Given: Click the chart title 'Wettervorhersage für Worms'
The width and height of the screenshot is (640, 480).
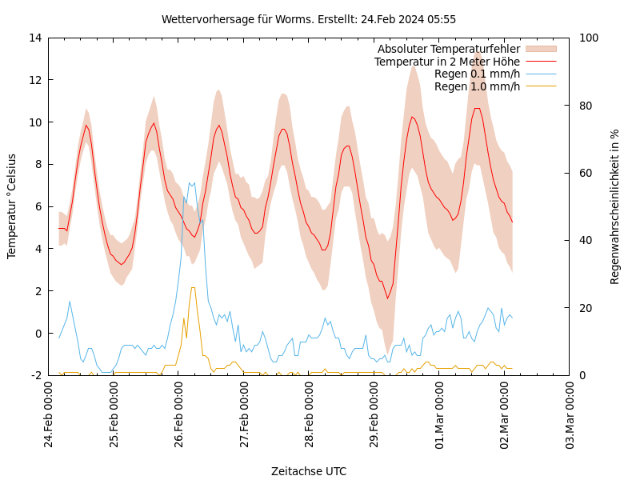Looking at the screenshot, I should click(309, 19).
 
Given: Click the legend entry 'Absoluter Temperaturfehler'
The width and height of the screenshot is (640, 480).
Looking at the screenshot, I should click(448, 50).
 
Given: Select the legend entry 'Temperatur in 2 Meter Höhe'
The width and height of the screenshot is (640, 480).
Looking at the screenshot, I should click(446, 62).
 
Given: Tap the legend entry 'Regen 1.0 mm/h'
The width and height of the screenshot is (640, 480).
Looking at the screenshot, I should click(477, 86).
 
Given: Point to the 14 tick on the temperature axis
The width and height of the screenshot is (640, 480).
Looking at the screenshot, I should click(36, 38).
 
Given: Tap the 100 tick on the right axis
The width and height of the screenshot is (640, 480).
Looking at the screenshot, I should click(586, 38).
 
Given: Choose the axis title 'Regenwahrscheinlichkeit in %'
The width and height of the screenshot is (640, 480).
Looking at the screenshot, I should click(614, 206).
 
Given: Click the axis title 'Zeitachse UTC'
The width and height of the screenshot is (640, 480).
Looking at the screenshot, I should click(309, 471).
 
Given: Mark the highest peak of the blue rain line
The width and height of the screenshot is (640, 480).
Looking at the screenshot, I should click(190, 182).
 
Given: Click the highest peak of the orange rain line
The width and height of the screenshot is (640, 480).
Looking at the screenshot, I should click(193, 287).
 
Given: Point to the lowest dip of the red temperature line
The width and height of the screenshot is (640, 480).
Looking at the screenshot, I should click(387, 299).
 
